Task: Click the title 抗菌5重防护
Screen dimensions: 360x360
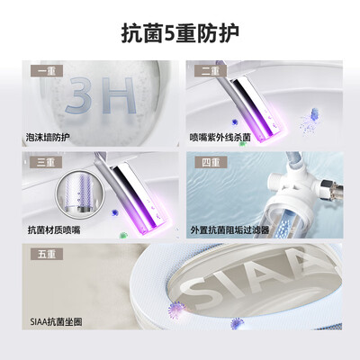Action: [180, 33]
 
